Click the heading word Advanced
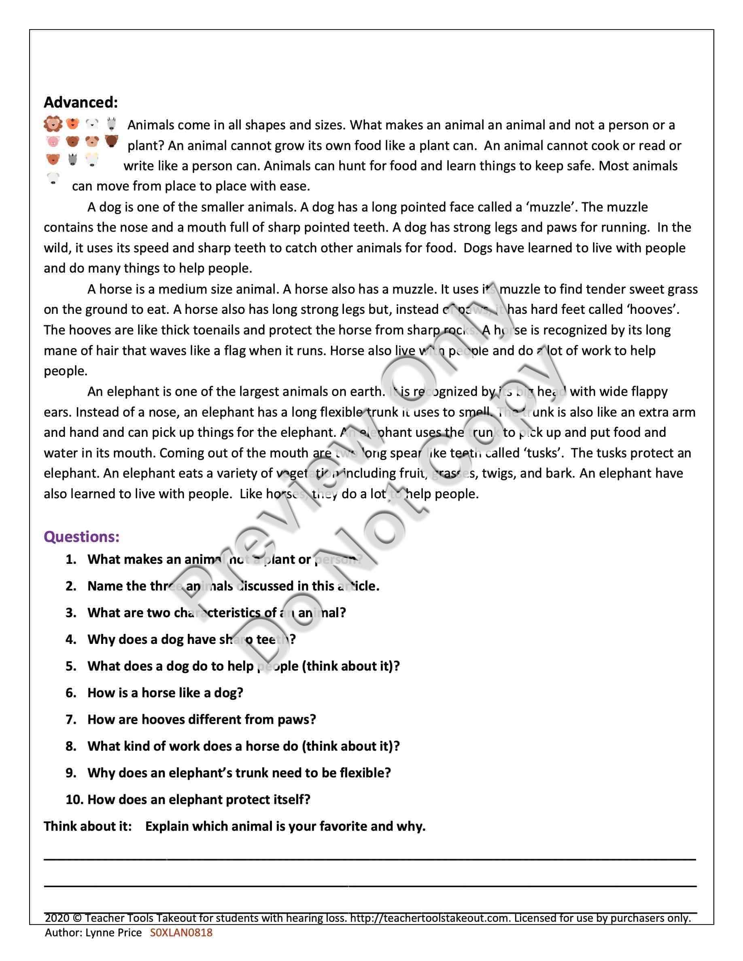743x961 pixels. pyautogui.click(x=81, y=102)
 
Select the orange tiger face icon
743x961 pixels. pyautogui.click(x=72, y=124)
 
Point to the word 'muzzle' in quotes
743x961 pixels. pyautogui.click(x=551, y=207)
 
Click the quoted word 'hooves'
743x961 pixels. pyautogui.click(x=652, y=309)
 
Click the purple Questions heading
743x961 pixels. pyautogui.click(x=81, y=537)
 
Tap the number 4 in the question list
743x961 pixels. pyautogui.click(x=70, y=639)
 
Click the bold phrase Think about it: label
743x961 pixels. pyautogui.click(x=87, y=826)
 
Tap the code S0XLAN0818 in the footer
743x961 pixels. pyautogui.click(x=181, y=932)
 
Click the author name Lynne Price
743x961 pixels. pyautogui.click(x=114, y=932)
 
